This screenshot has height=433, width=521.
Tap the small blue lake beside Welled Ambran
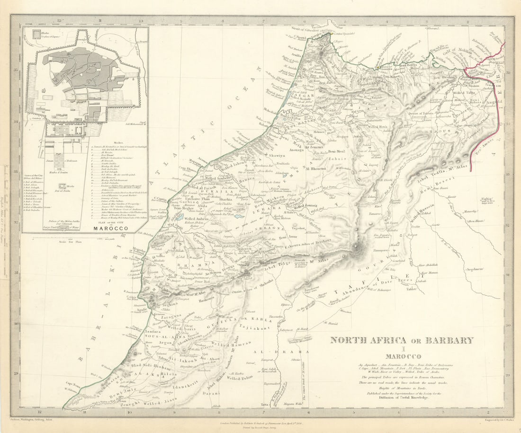click(180, 218)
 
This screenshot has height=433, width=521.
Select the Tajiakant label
click(257, 327)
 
